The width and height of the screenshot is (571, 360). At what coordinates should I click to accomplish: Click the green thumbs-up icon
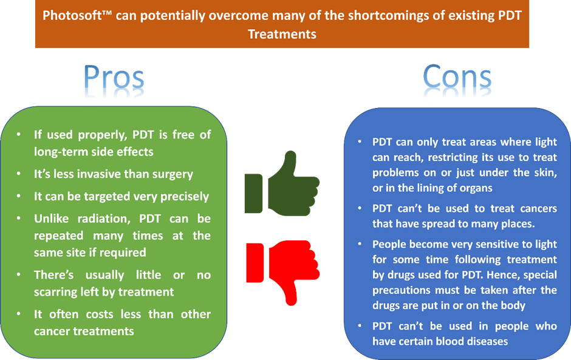[282, 184]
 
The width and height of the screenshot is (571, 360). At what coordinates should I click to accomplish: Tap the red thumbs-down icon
[283, 272]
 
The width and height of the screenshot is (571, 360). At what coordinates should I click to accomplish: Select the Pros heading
[114, 77]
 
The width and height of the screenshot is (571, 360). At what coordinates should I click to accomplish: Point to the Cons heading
[457, 77]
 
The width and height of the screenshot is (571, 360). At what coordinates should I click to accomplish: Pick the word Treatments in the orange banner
[282, 34]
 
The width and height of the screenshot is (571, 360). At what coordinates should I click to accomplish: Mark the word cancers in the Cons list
[539, 209]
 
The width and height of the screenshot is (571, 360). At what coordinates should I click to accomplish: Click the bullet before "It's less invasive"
[19, 174]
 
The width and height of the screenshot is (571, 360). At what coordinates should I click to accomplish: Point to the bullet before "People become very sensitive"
[360, 244]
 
